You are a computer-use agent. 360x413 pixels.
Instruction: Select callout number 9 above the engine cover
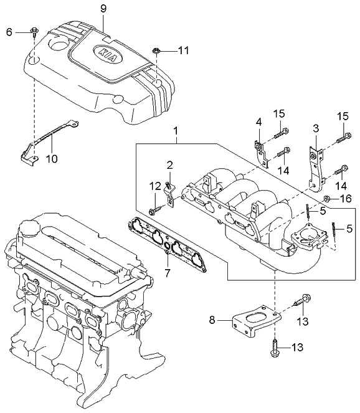click(103, 8)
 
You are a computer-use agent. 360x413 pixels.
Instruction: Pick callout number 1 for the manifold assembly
click(177, 131)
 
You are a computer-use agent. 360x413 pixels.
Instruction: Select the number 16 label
click(345, 199)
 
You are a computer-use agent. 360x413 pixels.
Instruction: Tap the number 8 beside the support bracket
click(212, 320)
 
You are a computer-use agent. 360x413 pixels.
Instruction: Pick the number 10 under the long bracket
click(52, 159)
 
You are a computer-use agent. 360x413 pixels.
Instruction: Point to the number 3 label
click(316, 128)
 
